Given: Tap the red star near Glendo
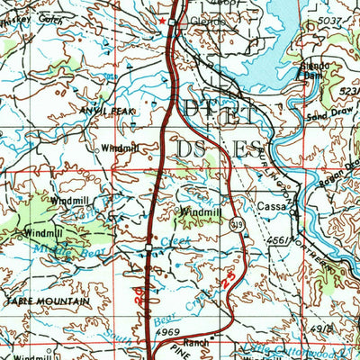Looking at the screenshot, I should pyautogui.click(x=162, y=19).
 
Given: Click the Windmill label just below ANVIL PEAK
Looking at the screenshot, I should pyautogui.click(x=120, y=147).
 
